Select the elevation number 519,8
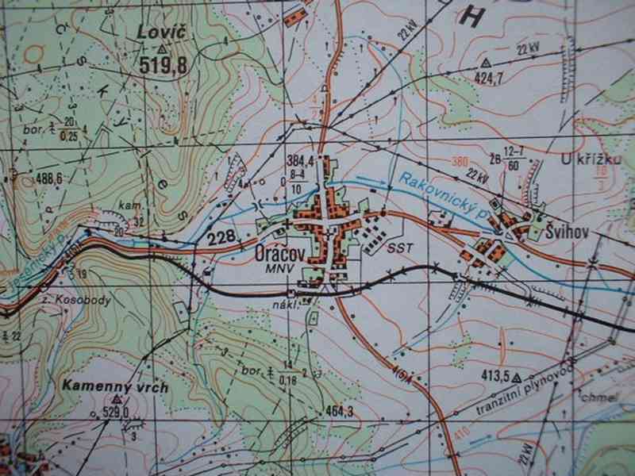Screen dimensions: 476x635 click(x=163, y=67)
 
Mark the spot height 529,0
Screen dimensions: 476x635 click(x=115, y=412)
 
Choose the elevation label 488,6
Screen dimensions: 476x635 click(x=49, y=179)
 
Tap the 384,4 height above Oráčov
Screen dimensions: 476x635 click(x=299, y=161)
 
